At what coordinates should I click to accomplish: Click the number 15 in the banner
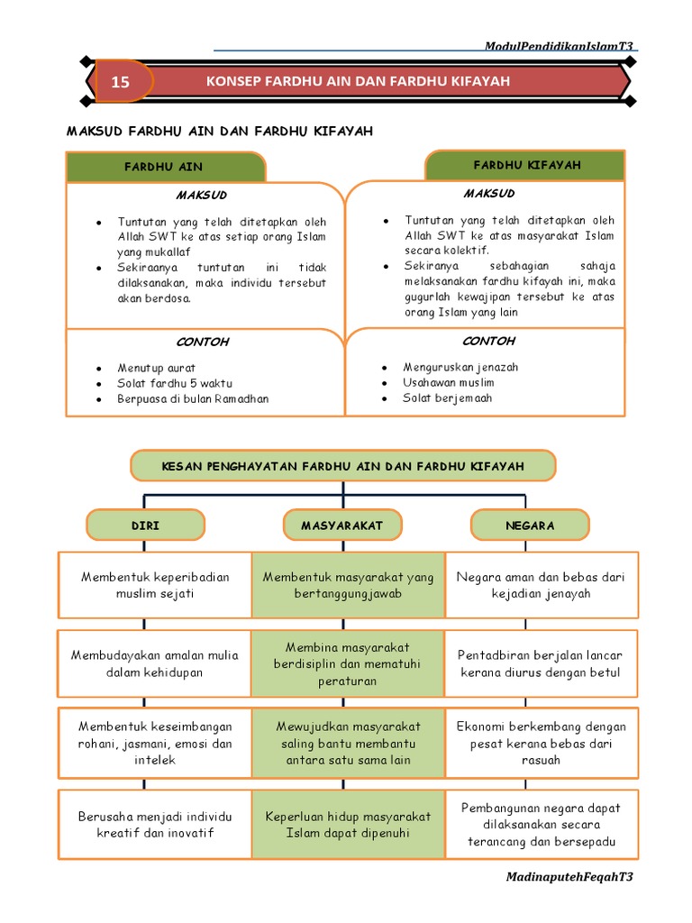point(121,82)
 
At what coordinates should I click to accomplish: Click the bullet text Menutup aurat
point(156,369)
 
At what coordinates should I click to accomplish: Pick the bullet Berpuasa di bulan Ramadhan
point(193,399)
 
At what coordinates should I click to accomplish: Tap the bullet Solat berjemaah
point(447,398)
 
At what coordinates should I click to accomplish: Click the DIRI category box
point(145,525)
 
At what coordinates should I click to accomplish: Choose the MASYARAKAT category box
point(341,525)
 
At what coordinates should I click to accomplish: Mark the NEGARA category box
point(530,525)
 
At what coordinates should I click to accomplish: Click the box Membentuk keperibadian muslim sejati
point(155,585)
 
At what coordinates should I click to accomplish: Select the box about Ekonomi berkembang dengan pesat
point(542,743)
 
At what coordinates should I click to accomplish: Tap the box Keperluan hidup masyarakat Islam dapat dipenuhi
point(348,825)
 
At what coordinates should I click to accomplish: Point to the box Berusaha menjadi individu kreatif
point(155,825)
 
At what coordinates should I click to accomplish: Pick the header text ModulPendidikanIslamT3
point(559,46)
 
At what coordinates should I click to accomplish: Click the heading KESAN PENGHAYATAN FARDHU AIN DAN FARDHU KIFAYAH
point(342,466)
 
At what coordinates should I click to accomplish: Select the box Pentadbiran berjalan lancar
point(542,663)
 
